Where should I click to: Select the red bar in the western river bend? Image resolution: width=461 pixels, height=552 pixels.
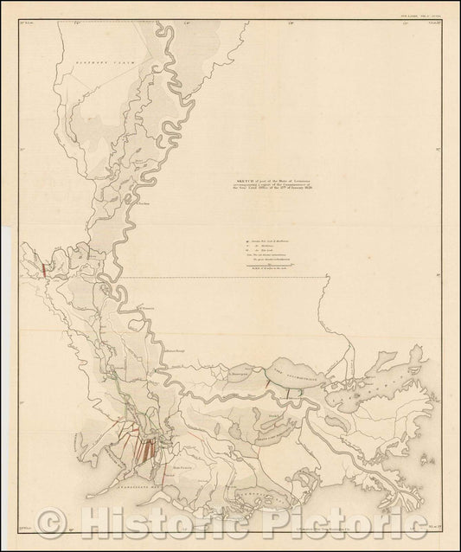[x=43, y=267]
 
